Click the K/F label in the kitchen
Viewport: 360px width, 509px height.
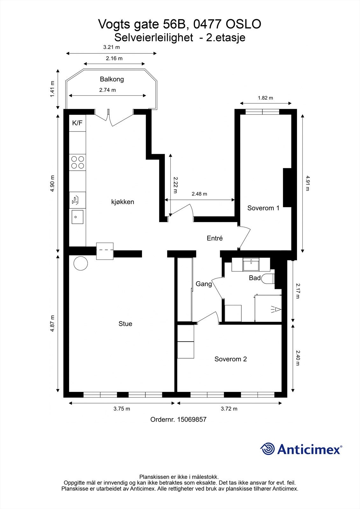(x=77, y=123)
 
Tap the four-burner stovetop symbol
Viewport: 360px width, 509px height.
(x=78, y=162)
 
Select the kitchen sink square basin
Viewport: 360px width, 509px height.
(x=77, y=217)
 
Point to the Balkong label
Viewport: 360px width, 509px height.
(x=112, y=79)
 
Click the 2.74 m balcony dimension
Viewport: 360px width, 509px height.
(x=108, y=90)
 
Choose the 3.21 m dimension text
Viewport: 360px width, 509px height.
(x=111, y=47)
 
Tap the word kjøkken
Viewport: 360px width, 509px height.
(x=123, y=202)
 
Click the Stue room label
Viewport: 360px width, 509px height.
(x=125, y=324)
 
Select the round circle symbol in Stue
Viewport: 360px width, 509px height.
(x=81, y=263)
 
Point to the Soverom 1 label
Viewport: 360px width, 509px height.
(x=263, y=208)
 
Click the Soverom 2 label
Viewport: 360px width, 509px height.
(x=230, y=359)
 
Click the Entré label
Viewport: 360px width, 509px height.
(x=215, y=238)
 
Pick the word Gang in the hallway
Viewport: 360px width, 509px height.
(x=204, y=284)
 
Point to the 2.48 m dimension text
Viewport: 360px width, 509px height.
(x=200, y=194)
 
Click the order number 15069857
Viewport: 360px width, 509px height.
(x=192, y=419)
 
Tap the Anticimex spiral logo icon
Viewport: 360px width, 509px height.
(x=267, y=449)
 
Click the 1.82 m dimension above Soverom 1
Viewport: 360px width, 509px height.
(x=265, y=98)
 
